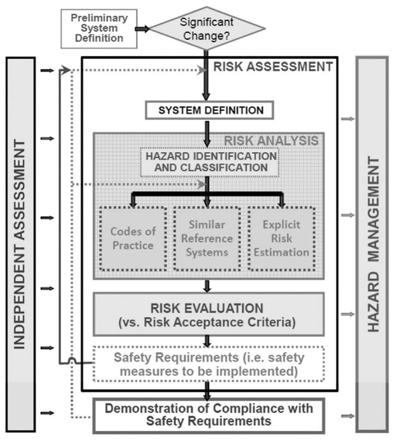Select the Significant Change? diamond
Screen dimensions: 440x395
tap(207, 28)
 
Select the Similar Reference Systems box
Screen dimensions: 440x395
tap(207, 238)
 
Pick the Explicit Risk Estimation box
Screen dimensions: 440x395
tap(282, 238)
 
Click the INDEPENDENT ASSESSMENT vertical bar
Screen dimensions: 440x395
tap(20, 245)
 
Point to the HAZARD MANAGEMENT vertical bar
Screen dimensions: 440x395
tap(373, 245)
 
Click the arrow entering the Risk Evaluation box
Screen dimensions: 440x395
tap(208, 286)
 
